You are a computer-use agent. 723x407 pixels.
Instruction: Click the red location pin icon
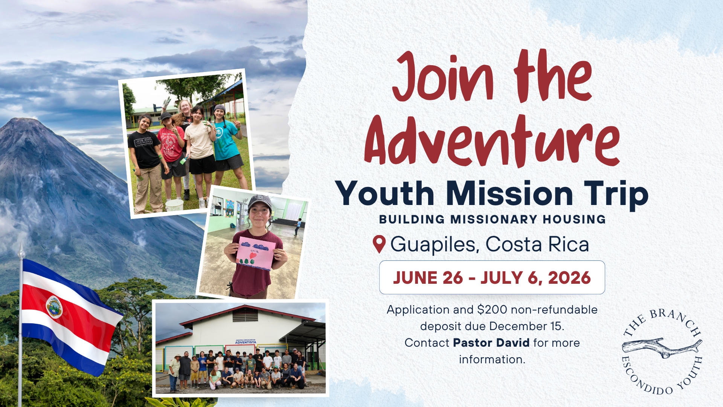point(379,244)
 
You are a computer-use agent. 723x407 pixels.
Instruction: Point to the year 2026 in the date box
point(569,278)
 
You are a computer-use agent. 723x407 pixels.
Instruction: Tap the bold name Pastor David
point(491,343)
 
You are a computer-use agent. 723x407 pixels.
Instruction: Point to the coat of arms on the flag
point(54,307)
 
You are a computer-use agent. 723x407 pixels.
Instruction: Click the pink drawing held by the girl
point(255,253)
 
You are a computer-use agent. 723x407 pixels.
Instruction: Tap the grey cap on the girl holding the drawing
point(260,202)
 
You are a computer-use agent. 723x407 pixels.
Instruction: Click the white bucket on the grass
point(174,205)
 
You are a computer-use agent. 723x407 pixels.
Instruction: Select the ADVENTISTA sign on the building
point(246,342)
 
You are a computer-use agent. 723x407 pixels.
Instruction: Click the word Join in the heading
point(443,77)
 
